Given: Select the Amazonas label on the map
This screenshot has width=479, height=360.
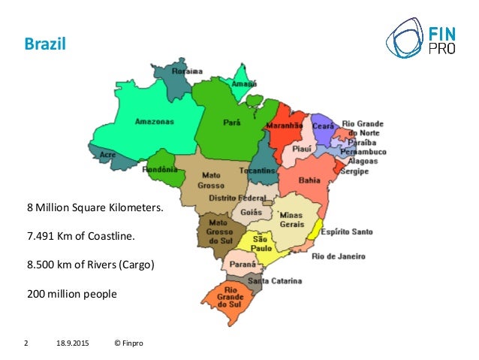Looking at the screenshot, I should tap(154, 121).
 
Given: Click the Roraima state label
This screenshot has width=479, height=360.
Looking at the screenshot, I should tap(187, 71).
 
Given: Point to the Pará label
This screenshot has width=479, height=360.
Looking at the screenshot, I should tap(231, 120).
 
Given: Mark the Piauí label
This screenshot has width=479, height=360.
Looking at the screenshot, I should tap(303, 149).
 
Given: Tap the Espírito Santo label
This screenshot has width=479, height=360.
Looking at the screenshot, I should tap(346, 231).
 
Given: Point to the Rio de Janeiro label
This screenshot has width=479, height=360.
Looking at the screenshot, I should tap(338, 256).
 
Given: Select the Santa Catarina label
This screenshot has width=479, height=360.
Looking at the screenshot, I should tap(275, 282).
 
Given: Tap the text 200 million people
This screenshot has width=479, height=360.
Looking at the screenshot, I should tap(72, 294).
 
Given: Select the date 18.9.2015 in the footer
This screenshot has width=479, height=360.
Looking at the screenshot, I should tap(71, 343).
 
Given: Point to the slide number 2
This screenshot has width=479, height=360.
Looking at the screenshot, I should tap(27, 343).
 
